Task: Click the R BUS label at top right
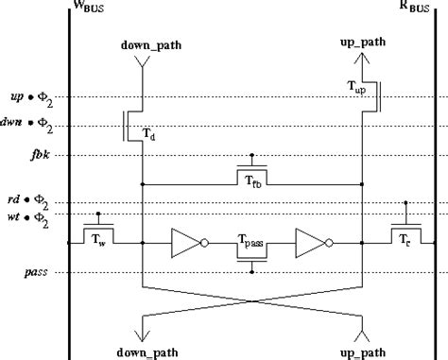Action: coord(418,12)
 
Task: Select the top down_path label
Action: coord(143,45)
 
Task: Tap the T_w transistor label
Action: coord(98,240)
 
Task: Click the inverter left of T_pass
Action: coord(185,244)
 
